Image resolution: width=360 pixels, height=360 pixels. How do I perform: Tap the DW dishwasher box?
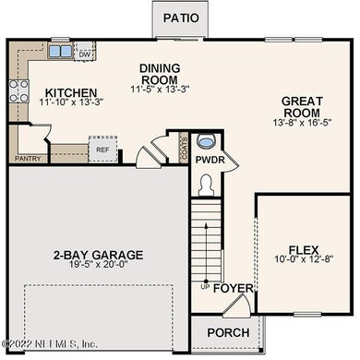coord(83,54)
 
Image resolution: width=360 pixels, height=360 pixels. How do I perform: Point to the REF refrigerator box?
coord(100,148)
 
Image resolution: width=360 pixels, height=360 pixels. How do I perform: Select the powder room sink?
coord(208,140)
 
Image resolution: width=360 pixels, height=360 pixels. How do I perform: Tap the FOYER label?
coord(233,289)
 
